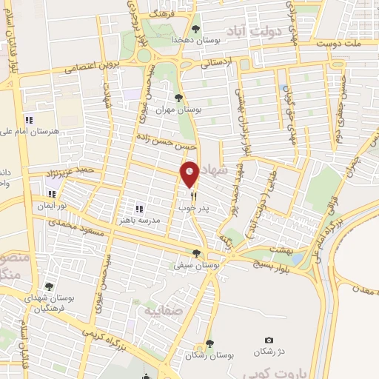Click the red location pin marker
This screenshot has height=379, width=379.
coord(190,173)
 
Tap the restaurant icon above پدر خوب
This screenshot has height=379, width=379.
coord(193,197)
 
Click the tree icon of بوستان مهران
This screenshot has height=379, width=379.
coord(177,97)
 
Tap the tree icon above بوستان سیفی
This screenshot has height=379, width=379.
coord(198,252)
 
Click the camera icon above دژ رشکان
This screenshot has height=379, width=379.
coord(268,340)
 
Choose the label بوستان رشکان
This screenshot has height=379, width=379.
coord(209,355)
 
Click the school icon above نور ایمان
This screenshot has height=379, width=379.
coord(53,195)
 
